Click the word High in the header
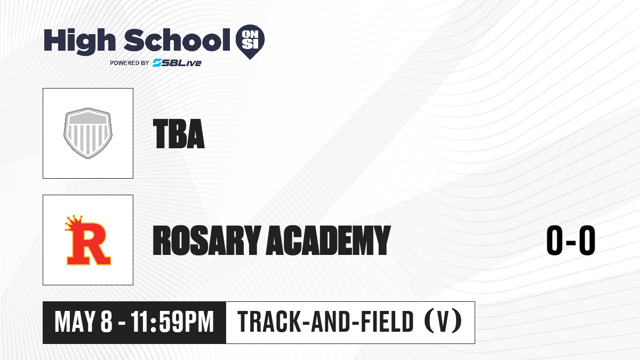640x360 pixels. (x=80, y=42)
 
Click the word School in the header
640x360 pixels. (x=177, y=40)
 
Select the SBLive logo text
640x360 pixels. (x=177, y=63)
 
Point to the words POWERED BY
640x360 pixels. (x=130, y=63)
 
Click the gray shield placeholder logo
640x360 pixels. (x=88, y=133)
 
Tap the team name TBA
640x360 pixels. (x=179, y=134)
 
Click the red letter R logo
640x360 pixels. (x=89, y=244)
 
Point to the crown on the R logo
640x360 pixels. (x=74, y=222)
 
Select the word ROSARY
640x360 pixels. (x=207, y=240)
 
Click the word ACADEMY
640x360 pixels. (x=328, y=240)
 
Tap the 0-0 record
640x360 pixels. (x=571, y=240)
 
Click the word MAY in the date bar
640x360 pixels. (x=74, y=322)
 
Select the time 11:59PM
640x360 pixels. (x=172, y=322)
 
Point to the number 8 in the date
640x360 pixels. (x=107, y=322)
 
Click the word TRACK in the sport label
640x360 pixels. (x=269, y=322)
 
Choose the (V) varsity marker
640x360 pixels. (x=443, y=322)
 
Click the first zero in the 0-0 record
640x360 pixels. (x=555, y=240)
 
